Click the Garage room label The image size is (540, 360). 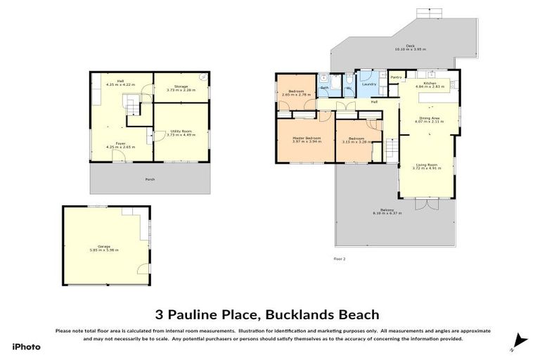[x=104, y=247]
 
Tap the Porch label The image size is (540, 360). [x=150, y=179]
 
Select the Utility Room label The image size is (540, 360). [x=181, y=131]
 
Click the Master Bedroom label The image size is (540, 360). [x=306, y=139]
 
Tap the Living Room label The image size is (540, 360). [x=426, y=167]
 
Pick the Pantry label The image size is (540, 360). [x=396, y=77]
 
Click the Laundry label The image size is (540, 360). [x=369, y=84]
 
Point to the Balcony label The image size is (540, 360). [x=387, y=210]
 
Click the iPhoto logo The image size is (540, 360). [x=26, y=346]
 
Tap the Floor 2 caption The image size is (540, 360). [x=340, y=259]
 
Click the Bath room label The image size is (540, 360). [x=325, y=87]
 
